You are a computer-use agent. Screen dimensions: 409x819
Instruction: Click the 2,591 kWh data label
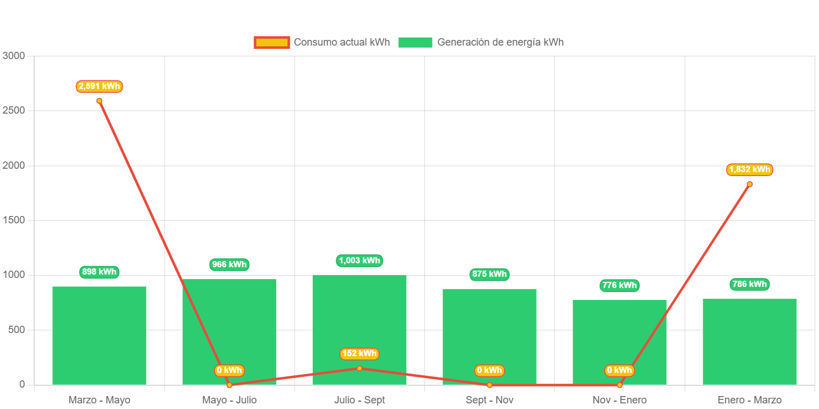100,86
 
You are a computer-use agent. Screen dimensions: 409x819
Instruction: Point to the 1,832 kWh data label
749,169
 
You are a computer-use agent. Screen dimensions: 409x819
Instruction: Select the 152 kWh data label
359,353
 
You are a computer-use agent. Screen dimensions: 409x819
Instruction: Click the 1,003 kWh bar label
359,260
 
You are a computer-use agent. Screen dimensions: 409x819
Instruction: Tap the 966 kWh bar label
229,264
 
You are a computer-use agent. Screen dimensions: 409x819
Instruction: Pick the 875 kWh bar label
489,275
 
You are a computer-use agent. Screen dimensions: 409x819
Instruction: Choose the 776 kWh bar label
619,285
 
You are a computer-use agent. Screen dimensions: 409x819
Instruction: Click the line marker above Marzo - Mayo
100,101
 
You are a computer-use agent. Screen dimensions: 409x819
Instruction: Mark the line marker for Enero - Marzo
749,184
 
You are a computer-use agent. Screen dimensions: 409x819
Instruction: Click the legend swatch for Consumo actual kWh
272,42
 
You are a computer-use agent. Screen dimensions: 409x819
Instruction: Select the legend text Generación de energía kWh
500,42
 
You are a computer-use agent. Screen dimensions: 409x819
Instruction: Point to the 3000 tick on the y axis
13,56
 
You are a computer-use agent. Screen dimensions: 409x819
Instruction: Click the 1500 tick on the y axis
13,220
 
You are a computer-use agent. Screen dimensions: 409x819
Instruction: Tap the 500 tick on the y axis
16,330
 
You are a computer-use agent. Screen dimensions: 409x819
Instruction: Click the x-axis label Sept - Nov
489,400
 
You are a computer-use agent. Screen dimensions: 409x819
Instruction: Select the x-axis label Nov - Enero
619,400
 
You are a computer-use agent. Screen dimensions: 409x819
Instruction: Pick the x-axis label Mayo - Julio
229,400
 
